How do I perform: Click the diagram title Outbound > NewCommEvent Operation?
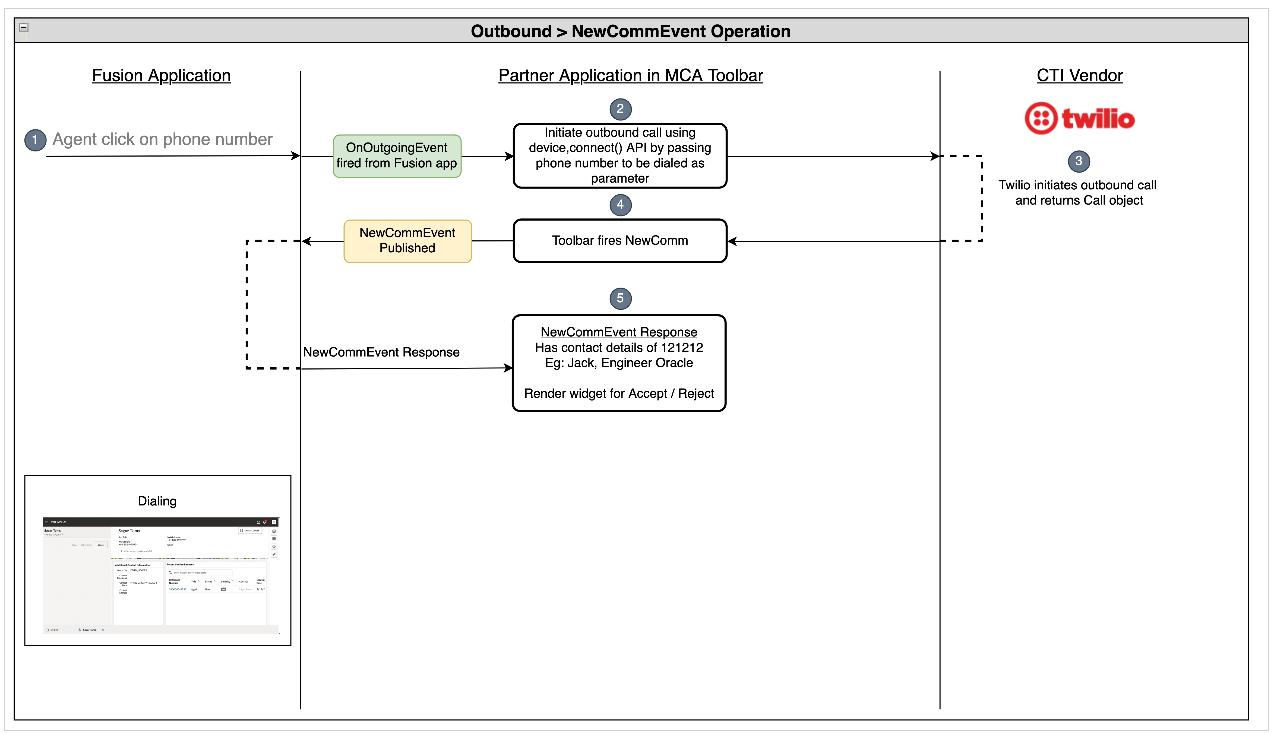pos(630,31)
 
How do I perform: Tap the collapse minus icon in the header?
pos(24,28)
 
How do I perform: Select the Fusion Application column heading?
pos(161,75)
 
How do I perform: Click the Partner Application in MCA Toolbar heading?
pos(630,75)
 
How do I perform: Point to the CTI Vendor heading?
pos(1079,75)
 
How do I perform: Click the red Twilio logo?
pos(1079,119)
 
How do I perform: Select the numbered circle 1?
pos(35,140)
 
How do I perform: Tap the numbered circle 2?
pos(620,109)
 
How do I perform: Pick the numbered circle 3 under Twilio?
pos(1079,161)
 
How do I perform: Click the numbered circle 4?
pos(620,205)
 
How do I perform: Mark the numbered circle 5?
pos(620,298)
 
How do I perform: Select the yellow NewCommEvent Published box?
pos(407,241)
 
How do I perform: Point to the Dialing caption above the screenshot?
pos(157,501)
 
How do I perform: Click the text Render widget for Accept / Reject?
pos(619,394)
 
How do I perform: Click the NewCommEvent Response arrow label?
pos(381,352)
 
